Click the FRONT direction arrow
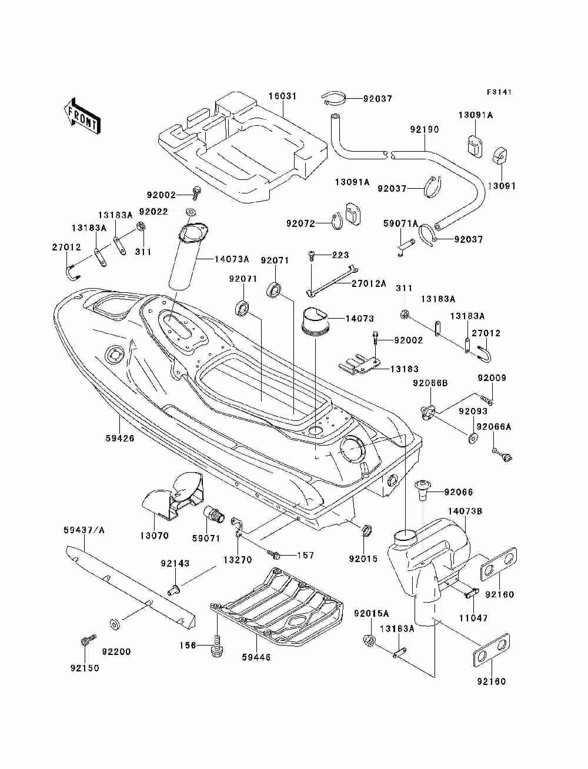tap(82, 116)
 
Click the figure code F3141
tap(499, 92)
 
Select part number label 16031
tap(282, 96)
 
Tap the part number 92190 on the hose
tap(425, 129)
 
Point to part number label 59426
tap(120, 438)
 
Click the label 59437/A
tap(84, 530)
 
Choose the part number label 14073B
tap(465, 511)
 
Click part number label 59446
tap(256, 657)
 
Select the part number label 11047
tap(473, 617)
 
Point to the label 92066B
tap(430, 383)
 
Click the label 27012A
tap(369, 283)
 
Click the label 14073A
tap(232, 259)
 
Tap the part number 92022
tap(153, 212)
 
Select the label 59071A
tap(400, 223)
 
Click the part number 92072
tap(300, 223)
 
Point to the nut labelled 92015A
tap(369, 640)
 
